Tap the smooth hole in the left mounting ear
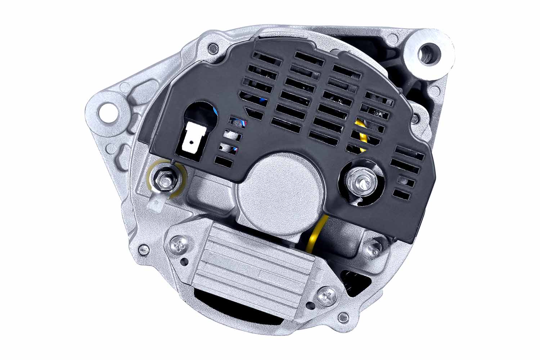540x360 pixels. pyautogui.click(x=108, y=112)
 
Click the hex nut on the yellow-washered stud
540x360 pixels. pyautogui.click(x=164, y=177)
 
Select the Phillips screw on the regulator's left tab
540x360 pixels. pyautogui.click(x=178, y=246)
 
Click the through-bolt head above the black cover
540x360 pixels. pyautogui.click(x=214, y=47)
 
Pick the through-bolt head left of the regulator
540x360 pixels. pyautogui.click(x=143, y=248)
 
